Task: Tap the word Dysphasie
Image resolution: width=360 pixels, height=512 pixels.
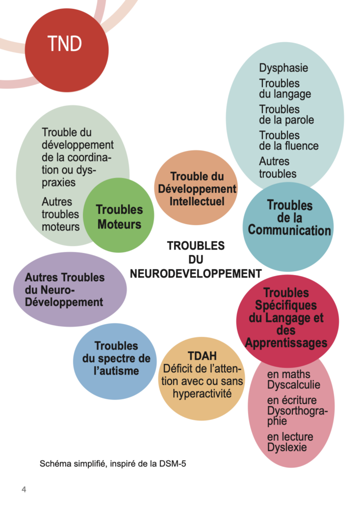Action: point(283,68)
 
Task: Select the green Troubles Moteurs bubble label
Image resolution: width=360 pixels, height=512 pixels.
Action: point(119,217)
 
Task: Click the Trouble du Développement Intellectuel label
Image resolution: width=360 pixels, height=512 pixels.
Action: point(196,189)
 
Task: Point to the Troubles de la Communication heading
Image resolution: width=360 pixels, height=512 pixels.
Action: point(289,217)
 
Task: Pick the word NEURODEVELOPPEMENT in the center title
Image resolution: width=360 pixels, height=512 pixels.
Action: point(196,273)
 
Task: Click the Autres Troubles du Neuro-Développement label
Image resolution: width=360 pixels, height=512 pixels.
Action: point(64,289)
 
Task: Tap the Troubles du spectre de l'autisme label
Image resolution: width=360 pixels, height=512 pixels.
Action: point(116,358)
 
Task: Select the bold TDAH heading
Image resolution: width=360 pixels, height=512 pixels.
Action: point(201,356)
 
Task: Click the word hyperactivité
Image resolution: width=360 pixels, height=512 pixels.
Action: point(202,393)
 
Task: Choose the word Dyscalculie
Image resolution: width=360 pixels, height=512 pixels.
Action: point(293,385)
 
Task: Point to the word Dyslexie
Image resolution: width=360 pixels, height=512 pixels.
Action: point(287,447)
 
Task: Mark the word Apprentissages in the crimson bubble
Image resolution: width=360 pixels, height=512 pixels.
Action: point(286,343)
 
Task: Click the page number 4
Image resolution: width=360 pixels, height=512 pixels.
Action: point(23,489)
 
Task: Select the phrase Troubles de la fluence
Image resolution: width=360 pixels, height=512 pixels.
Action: point(288,140)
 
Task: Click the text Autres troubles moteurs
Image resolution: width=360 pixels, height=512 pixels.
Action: point(60,214)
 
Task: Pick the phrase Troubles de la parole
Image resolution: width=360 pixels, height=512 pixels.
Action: point(286,114)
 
